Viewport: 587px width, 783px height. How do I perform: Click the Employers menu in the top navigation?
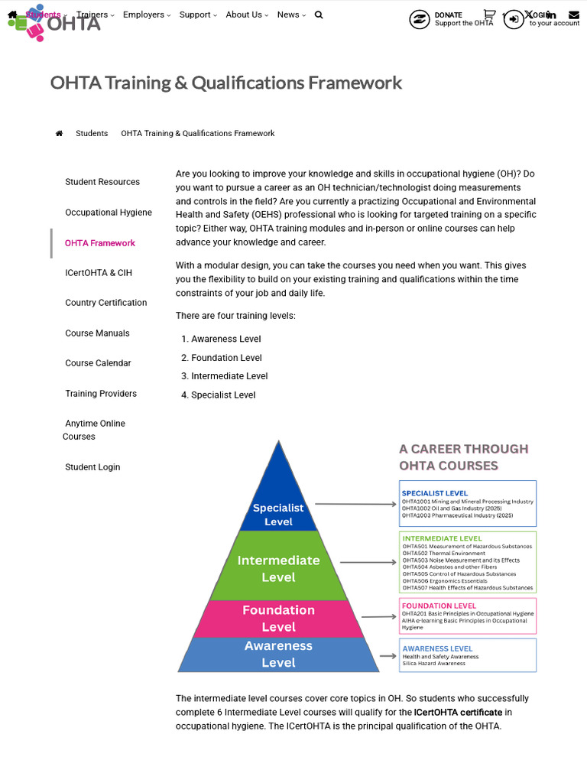tap(146, 15)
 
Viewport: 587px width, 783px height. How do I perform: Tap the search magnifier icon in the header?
tap(319, 15)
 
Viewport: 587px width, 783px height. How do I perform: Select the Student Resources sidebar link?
tap(102, 182)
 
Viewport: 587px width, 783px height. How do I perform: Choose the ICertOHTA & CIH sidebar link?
tap(99, 273)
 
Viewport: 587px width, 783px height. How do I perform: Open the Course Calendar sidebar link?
tap(98, 363)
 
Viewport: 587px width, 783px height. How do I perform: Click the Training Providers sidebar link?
tap(101, 394)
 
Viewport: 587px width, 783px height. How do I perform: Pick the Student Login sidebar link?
tap(92, 467)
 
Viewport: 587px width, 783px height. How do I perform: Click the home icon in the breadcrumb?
tap(59, 134)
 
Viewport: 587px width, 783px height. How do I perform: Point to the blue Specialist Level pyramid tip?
tap(278, 505)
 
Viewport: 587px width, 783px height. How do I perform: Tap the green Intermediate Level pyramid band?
tap(278, 568)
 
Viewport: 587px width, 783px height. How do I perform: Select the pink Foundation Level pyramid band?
tap(278, 619)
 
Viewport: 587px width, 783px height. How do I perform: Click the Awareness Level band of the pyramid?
tap(278, 655)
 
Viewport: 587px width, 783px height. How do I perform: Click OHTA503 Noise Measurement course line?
tap(461, 560)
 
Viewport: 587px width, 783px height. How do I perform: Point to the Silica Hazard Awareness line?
tap(433, 664)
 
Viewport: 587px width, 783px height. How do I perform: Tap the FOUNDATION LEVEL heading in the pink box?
tap(439, 606)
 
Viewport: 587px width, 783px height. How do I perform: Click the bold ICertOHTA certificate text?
tap(458, 713)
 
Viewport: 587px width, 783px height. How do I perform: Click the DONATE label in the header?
tap(448, 15)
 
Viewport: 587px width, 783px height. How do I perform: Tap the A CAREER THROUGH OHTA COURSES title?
tap(463, 457)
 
